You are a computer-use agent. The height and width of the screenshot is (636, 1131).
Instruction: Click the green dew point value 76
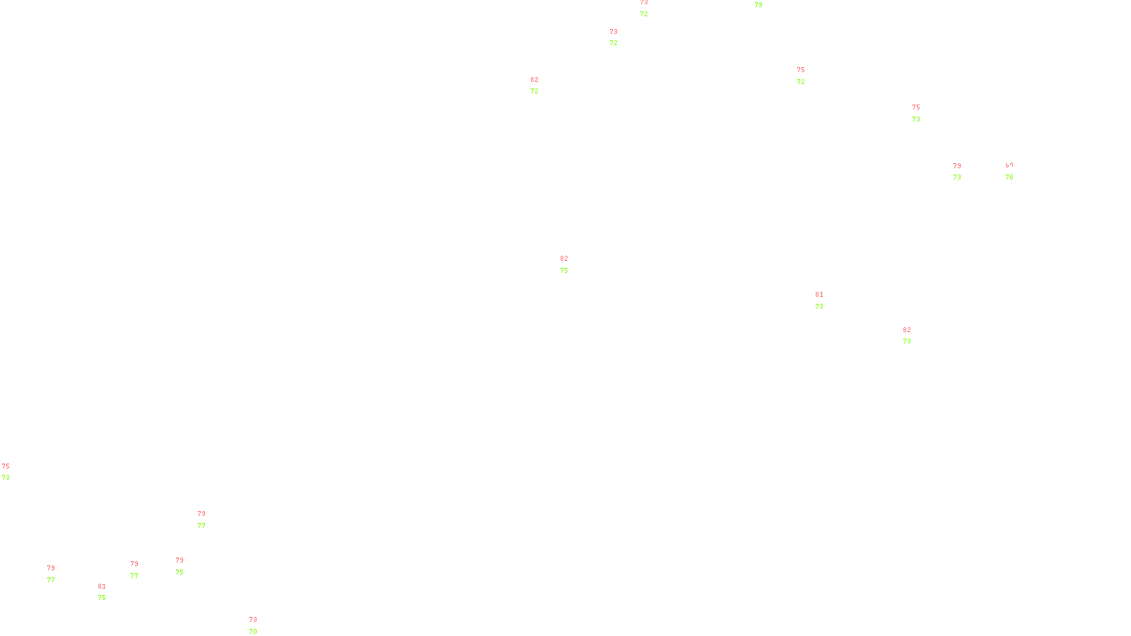tap(1009, 177)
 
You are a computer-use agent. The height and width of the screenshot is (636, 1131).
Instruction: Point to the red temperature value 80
tap(1009, 165)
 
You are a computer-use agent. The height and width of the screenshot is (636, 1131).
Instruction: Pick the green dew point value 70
tap(253, 631)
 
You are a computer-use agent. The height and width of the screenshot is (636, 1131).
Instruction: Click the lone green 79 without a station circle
tap(758, 5)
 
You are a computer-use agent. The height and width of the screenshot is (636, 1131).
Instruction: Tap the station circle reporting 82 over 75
tap(571, 264)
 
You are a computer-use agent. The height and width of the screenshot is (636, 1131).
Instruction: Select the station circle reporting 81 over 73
tap(826, 300)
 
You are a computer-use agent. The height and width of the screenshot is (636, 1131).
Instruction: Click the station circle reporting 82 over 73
tap(913, 336)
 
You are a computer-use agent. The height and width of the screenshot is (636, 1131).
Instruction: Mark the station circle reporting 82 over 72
tap(541, 86)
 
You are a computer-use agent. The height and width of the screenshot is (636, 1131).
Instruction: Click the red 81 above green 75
tap(102, 587)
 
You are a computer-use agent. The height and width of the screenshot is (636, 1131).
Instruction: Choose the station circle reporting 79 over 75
tap(186, 566)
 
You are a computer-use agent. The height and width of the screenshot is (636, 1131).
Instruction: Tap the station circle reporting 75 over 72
tap(808, 76)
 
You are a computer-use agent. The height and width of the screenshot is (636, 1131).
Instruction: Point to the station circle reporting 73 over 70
tap(259, 626)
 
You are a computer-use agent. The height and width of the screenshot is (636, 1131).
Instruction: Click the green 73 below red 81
tap(819, 307)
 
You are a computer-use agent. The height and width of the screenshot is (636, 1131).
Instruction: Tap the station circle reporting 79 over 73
tap(963, 172)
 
